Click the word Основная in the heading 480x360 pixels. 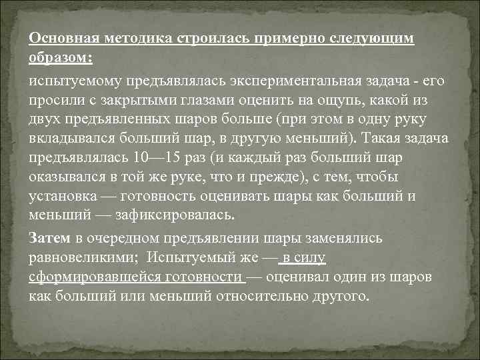(x=64, y=38)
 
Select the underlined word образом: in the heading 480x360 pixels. (x=60, y=57)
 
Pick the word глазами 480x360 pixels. (x=207, y=100)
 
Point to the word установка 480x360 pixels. (x=63, y=196)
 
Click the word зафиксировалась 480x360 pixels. (x=175, y=215)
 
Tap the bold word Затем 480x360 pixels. (x=49, y=238)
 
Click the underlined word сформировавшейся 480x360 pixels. (x=95, y=277)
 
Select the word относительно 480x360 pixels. (x=262, y=296)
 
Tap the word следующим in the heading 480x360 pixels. (x=371, y=39)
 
